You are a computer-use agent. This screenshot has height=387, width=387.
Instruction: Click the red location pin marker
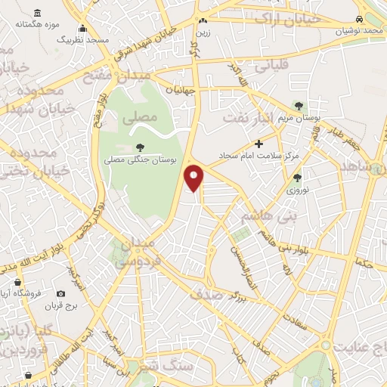point(195,177)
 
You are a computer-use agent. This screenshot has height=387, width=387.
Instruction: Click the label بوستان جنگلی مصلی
point(141,159)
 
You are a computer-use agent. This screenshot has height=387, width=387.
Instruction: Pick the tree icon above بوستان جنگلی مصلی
point(140,147)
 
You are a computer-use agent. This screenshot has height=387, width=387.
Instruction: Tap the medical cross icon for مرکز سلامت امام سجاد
point(259,143)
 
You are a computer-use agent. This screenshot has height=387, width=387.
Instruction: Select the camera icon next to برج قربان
point(60,293)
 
